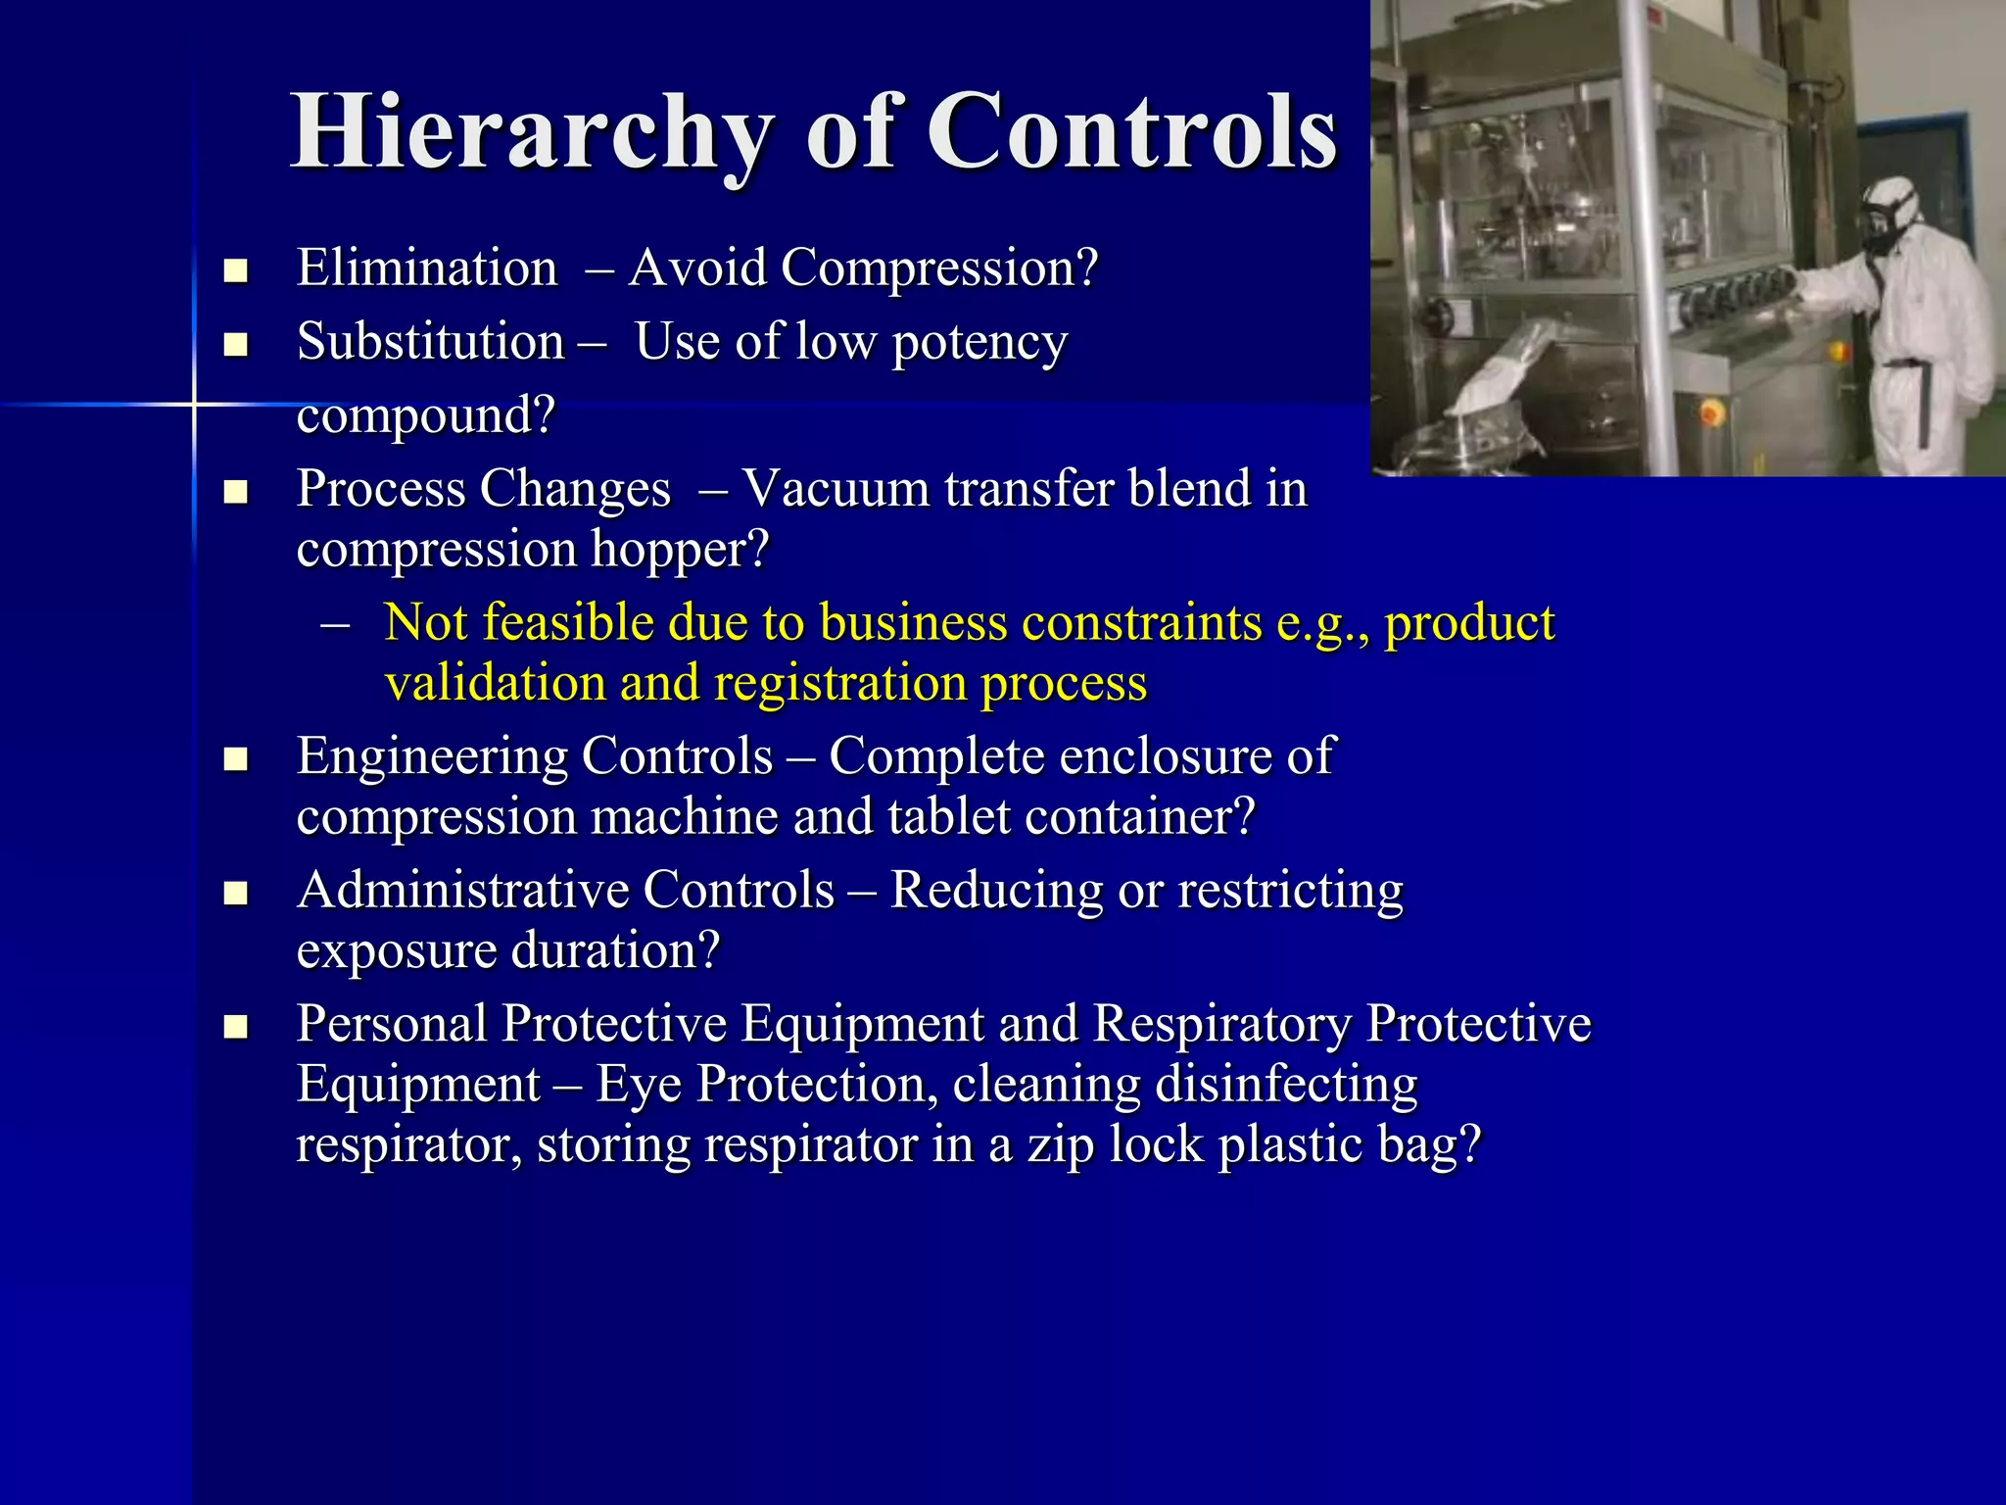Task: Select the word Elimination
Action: point(427,267)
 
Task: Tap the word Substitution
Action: point(431,342)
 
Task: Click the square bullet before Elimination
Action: point(235,270)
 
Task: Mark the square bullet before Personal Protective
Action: point(235,1027)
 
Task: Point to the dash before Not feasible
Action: point(335,624)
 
